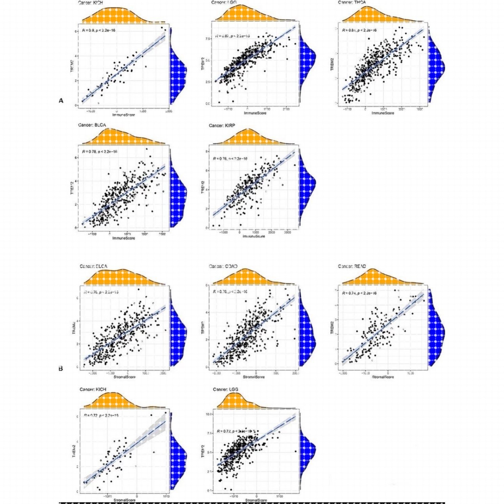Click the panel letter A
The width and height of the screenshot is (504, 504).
point(61,101)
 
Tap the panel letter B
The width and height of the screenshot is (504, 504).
point(61,368)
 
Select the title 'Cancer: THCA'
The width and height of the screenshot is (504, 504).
point(352,2)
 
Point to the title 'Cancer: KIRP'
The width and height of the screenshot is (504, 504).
point(222,126)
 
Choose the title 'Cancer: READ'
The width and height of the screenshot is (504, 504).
point(352,266)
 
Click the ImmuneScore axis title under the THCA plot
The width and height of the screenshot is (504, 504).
point(383,113)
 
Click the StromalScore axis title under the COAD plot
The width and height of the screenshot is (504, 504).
point(254,377)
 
